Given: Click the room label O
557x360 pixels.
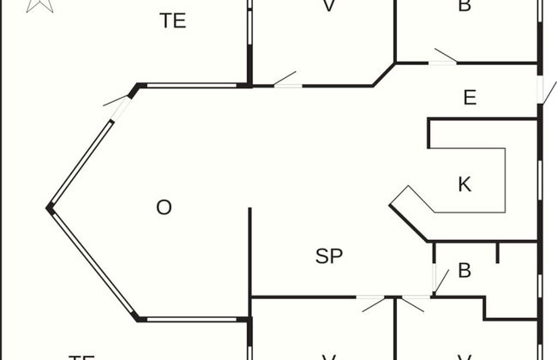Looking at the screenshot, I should click(164, 207).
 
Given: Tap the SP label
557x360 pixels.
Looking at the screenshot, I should click(330, 255).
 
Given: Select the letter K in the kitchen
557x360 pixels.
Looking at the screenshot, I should click(464, 183).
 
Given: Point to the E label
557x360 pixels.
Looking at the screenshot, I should click(470, 98).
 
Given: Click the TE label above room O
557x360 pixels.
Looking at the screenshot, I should click(173, 21).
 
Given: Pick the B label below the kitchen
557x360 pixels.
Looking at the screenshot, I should click(464, 271).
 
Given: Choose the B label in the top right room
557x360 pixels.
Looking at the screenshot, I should click(464, 7).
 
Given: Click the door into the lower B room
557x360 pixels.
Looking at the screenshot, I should click(438, 281).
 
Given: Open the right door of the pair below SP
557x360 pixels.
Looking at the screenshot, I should click(415, 302).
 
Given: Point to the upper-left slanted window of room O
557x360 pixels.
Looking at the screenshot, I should click(82, 163).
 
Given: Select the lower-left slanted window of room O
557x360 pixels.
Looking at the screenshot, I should click(93, 264).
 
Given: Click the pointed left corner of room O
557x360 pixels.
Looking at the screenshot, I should click(50, 207).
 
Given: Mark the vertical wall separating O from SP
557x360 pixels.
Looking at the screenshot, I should click(250, 252).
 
